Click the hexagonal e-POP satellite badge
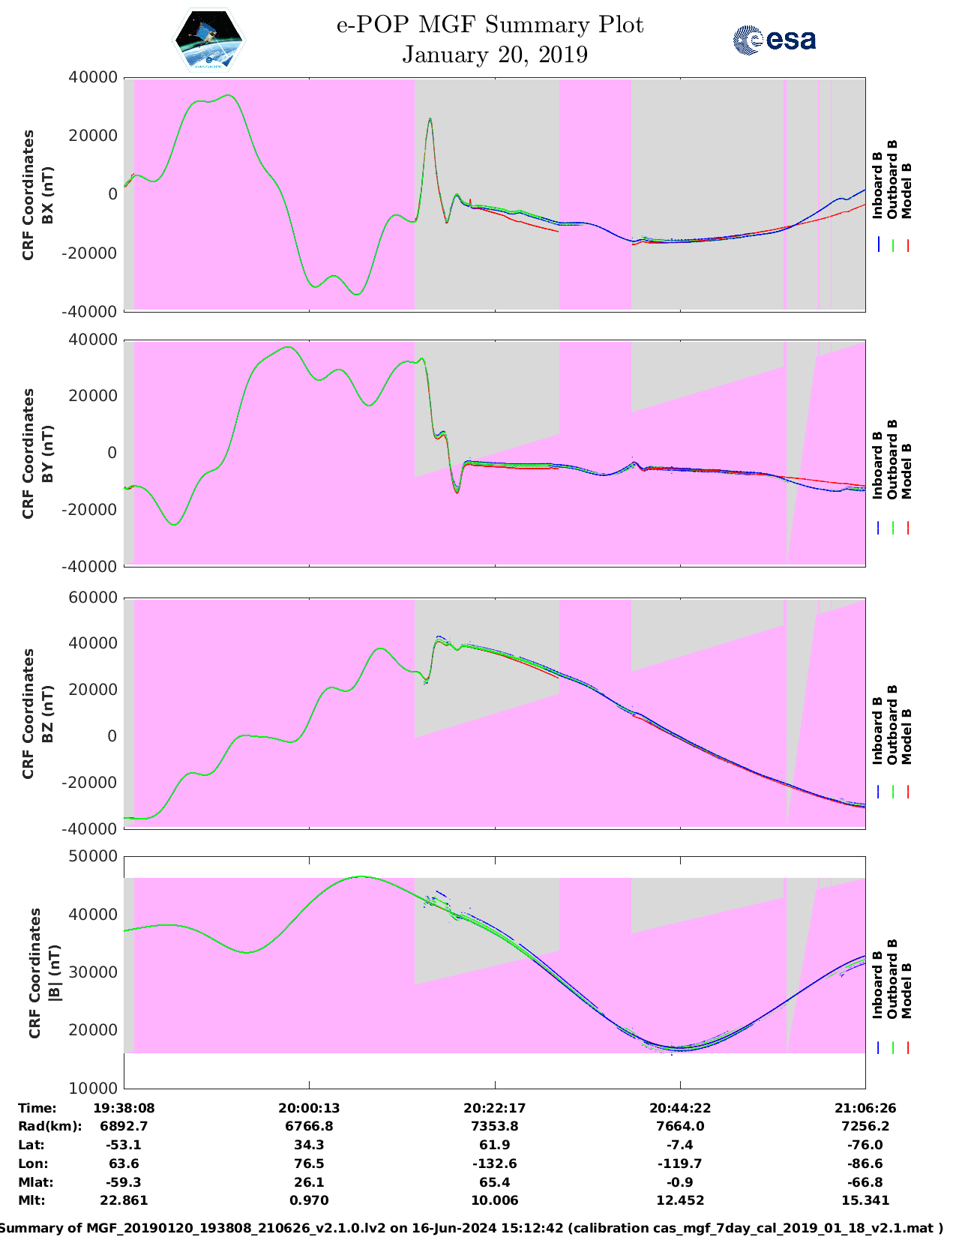209,40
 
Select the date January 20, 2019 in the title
495,55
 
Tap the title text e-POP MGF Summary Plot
490,25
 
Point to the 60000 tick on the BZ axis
93,598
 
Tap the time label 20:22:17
494,1108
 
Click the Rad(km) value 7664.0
680,1126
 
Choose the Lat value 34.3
309,1145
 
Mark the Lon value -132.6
494,1164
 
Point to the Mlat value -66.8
865,1182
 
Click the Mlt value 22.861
124,1200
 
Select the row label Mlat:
36,1182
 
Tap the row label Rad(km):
50,1126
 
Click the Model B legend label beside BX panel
907,190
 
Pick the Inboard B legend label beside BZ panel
877,731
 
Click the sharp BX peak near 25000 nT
430,119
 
